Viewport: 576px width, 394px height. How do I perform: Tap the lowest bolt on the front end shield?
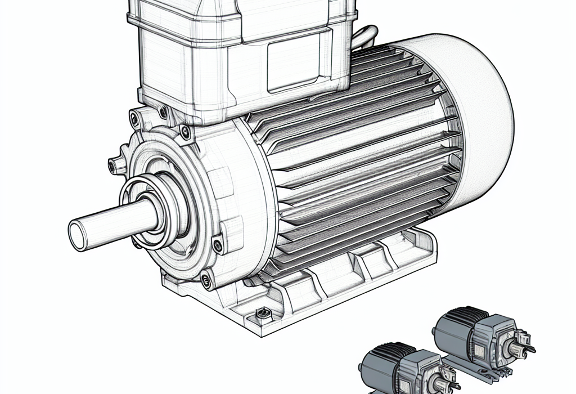point(206,279)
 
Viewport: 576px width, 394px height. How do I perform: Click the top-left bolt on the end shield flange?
point(134,118)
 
